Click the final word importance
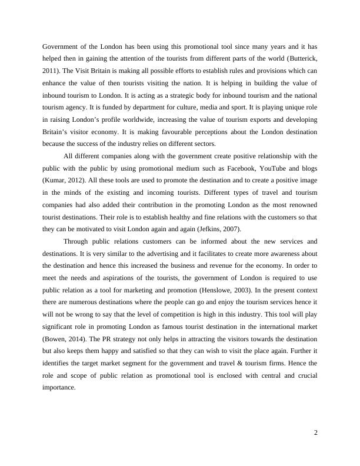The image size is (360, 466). coord(59,388)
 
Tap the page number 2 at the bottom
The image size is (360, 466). coord(316,433)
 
